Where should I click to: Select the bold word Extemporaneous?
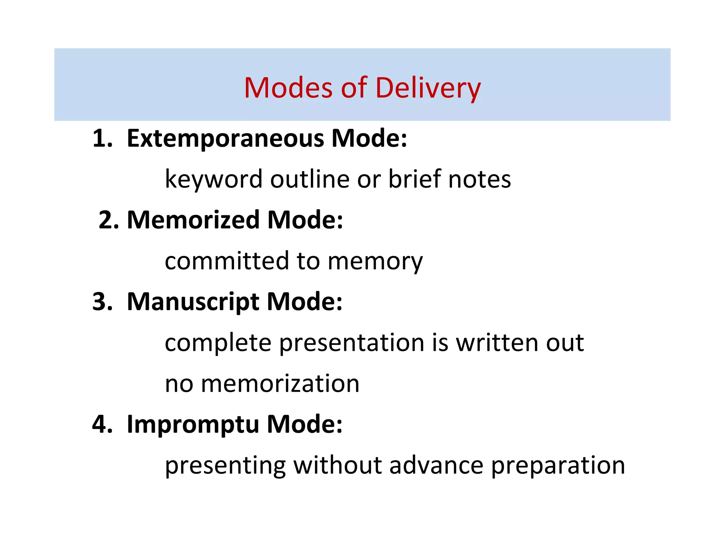tap(225, 138)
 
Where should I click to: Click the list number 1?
tap(102, 138)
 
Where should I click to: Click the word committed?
tap(227, 261)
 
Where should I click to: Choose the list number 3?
tap(102, 302)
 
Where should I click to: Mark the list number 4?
tap(102, 424)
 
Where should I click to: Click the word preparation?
tap(558, 466)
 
